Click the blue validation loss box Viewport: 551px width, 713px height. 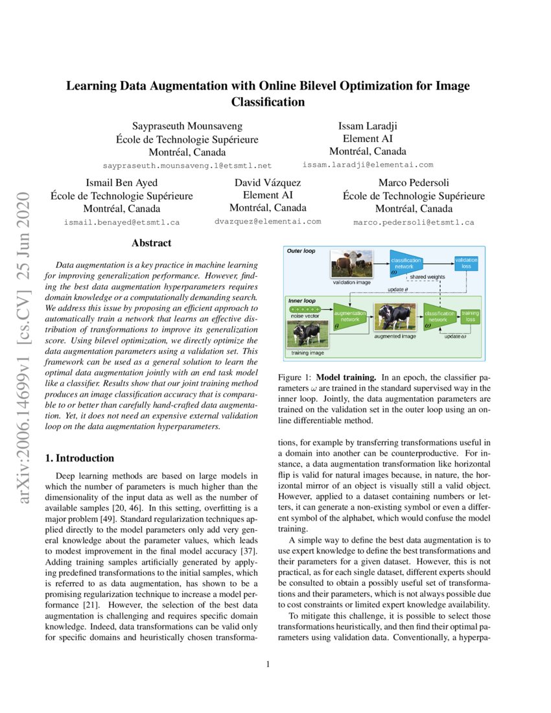point(465,263)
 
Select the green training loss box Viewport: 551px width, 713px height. point(470,316)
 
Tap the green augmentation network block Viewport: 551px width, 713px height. point(350,316)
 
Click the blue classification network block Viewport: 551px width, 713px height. point(406,263)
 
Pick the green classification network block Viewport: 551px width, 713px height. point(438,316)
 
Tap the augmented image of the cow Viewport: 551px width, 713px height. point(394,318)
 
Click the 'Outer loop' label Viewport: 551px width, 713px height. point(301,250)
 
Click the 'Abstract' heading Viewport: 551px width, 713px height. point(151,243)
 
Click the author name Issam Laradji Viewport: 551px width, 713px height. point(368,126)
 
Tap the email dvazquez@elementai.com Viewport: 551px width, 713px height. point(268,221)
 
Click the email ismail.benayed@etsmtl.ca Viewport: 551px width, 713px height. point(122,222)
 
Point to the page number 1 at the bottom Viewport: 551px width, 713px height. point(268,664)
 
